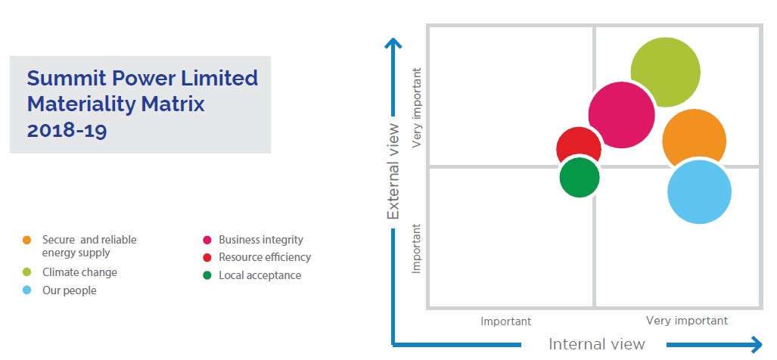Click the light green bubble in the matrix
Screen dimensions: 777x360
tap(666, 73)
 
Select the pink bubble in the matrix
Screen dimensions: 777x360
tap(621, 115)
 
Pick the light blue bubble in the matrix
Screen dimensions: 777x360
tap(699, 192)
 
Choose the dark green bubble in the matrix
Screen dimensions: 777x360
tap(580, 177)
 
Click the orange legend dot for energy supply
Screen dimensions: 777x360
tap(26, 241)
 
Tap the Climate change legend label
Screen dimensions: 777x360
tap(79, 272)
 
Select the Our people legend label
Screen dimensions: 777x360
tap(70, 290)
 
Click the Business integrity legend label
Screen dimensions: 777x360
tap(261, 241)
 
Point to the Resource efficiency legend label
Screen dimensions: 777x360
tap(265, 257)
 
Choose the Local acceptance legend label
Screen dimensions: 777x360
tap(260, 275)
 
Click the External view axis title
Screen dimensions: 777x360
tap(393, 172)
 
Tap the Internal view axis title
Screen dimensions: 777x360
tap(597, 344)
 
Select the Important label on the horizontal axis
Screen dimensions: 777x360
tap(505, 321)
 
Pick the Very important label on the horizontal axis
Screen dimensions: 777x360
tap(687, 321)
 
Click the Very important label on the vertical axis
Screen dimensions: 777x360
tap(417, 108)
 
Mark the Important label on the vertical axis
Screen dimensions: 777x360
tap(417, 249)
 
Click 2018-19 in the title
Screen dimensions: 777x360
tap(67, 131)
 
